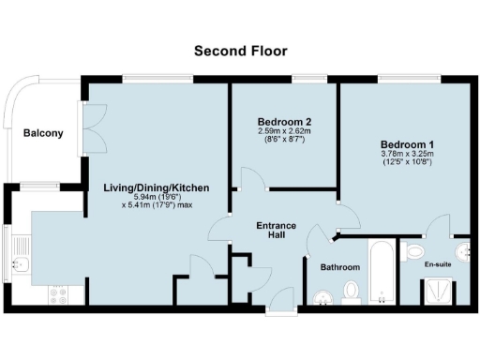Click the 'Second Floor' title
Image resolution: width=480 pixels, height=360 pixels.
pos(240,51)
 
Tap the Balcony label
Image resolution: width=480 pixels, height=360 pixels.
pos(43,133)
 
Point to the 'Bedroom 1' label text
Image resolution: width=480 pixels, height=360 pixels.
pos(406,143)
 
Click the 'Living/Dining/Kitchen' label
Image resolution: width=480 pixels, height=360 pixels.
pos(156,187)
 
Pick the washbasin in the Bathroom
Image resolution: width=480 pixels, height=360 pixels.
pos(322,299)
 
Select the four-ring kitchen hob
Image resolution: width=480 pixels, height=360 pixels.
pos(63,295)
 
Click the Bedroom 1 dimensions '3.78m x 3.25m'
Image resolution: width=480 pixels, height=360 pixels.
pos(406,154)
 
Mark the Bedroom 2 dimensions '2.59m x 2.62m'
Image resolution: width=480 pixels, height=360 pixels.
pos(283,131)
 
